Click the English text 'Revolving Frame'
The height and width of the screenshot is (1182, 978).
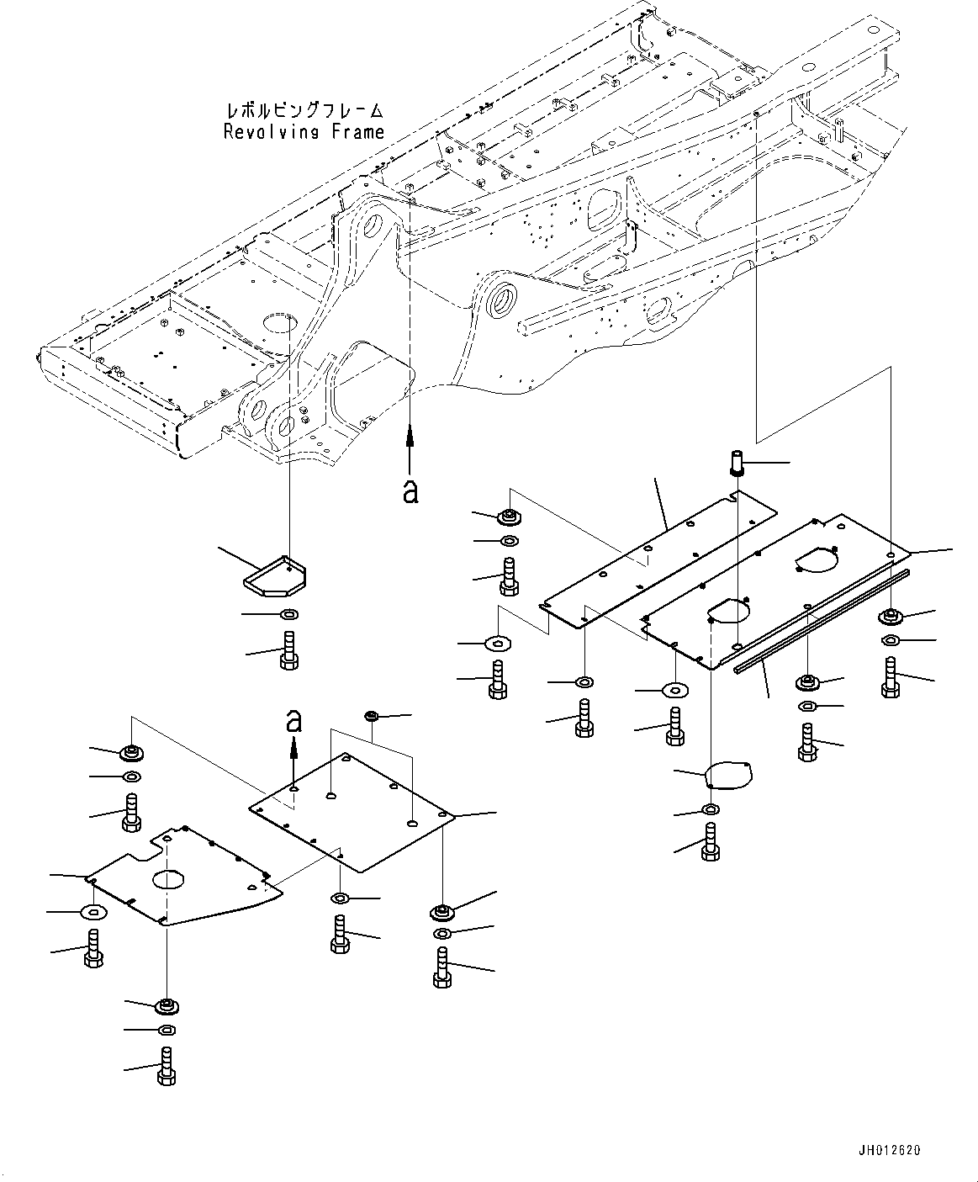304,132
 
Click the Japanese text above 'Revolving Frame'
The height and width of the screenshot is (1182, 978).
304,111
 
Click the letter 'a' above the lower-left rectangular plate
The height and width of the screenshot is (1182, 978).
293,720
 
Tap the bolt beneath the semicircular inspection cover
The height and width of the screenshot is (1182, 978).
711,842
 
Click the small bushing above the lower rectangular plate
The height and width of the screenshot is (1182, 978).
370,717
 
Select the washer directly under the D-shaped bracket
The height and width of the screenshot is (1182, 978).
287,614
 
